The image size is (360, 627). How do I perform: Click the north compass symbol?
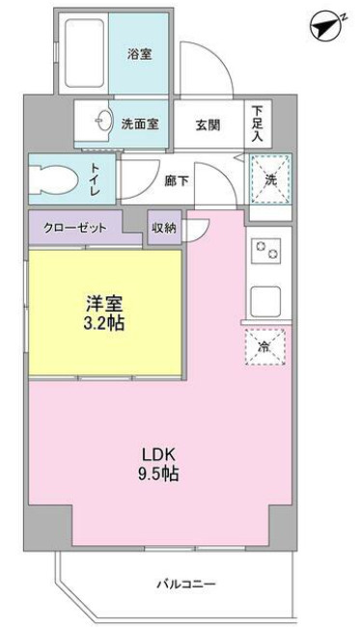[325, 26]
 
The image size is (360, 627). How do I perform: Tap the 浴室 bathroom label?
[140, 54]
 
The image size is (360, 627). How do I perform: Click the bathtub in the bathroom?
[84, 54]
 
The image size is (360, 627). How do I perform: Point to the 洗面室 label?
[140, 124]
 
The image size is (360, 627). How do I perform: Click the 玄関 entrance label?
[208, 125]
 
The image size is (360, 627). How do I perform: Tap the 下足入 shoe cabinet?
[258, 123]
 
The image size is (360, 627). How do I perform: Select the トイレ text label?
[96, 179]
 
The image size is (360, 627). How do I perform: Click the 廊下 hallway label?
[177, 180]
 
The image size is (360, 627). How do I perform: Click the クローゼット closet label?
[75, 229]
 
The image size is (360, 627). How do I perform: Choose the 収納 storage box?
[164, 228]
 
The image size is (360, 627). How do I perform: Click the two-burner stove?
[265, 251]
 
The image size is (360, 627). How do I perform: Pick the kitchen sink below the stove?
[265, 302]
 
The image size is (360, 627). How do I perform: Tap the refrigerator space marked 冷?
[264, 347]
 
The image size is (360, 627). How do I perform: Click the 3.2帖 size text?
[103, 323]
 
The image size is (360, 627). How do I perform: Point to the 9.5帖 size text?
[158, 475]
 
